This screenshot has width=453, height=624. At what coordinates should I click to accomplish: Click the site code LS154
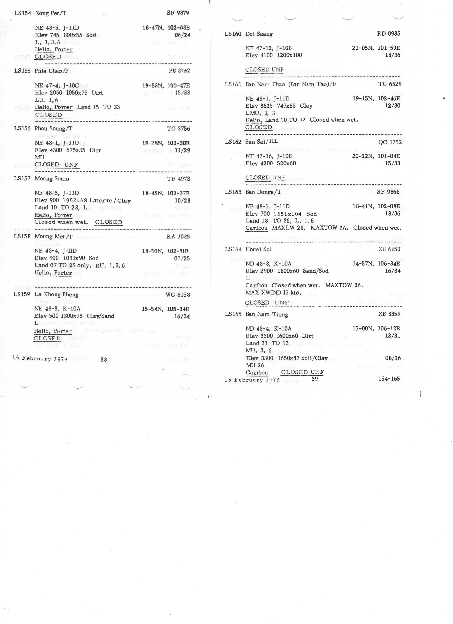click(23, 13)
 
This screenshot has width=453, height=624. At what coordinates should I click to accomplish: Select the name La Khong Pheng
click(56, 294)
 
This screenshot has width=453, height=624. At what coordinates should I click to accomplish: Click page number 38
click(104, 359)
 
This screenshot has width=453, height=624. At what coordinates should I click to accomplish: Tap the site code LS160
click(233, 34)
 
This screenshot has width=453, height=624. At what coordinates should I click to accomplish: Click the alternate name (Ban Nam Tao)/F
click(312, 84)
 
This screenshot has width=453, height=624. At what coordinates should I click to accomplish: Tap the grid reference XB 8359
click(389, 314)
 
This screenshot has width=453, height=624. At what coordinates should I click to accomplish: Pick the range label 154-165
click(389, 379)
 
